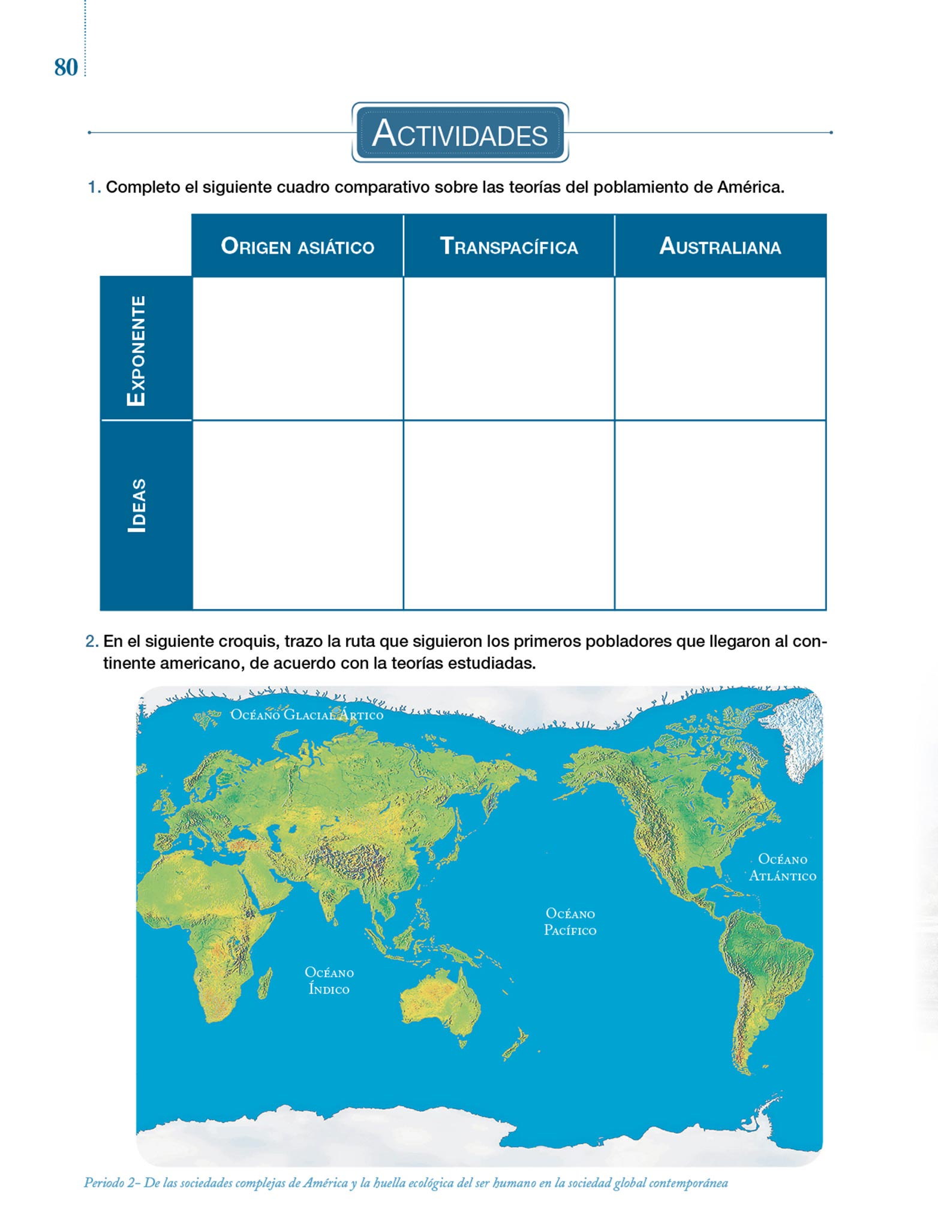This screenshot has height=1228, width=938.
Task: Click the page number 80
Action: click(x=66, y=67)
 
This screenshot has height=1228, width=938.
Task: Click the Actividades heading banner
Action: click(x=460, y=133)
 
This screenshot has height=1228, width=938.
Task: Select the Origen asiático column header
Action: click(x=297, y=246)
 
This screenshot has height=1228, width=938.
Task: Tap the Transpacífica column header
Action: click(x=509, y=246)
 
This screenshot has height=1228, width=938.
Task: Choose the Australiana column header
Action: click(x=720, y=246)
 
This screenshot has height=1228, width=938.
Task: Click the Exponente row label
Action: click(x=137, y=350)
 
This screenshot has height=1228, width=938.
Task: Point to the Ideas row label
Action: click(x=137, y=505)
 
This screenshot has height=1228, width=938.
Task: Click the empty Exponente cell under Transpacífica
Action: click(x=509, y=348)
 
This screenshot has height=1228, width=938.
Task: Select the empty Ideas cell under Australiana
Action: click(x=720, y=514)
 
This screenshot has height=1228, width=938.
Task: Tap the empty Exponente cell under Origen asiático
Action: click(x=297, y=348)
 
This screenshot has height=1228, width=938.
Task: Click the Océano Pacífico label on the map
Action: click(x=570, y=922)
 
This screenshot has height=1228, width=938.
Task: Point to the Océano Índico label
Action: click(x=329, y=980)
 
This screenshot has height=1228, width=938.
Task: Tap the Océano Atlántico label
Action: click(x=782, y=867)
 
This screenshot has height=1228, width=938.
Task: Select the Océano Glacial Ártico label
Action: click(x=306, y=714)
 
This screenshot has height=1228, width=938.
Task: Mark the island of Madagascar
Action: click(x=264, y=984)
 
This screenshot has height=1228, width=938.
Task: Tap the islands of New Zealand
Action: click(x=516, y=1044)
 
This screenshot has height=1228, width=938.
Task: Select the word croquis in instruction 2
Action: click(x=249, y=641)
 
